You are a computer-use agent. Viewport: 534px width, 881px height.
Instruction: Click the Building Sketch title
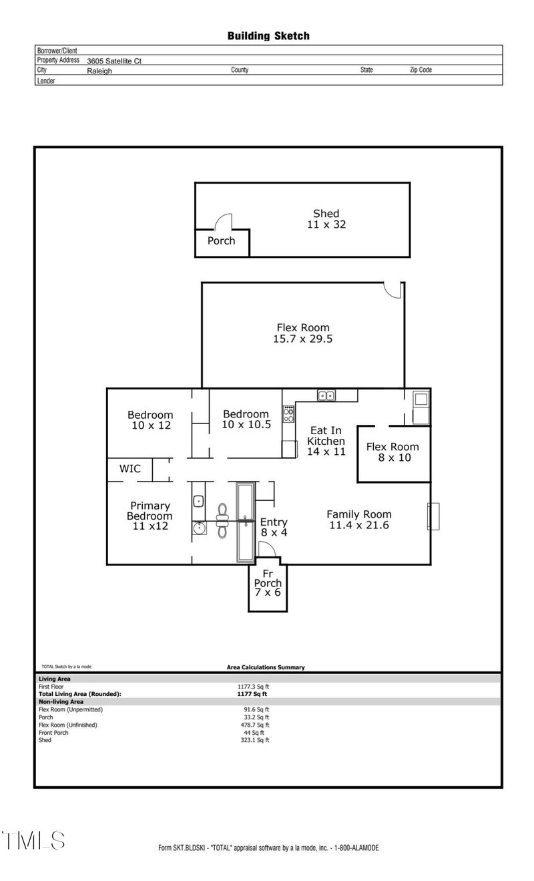click(268, 36)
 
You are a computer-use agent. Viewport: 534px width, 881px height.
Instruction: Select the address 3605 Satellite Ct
click(114, 61)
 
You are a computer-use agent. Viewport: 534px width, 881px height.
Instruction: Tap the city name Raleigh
click(99, 70)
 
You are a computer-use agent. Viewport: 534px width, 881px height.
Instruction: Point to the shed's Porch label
click(221, 240)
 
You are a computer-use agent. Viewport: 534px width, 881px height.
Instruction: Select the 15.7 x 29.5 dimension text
click(303, 339)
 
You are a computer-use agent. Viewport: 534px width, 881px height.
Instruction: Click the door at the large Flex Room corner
click(394, 289)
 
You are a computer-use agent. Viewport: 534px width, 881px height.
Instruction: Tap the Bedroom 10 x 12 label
click(150, 420)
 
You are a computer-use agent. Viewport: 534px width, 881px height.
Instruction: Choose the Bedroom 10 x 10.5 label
click(246, 419)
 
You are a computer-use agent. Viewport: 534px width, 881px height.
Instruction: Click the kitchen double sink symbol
click(327, 395)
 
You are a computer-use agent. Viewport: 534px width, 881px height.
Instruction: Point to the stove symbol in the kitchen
click(289, 414)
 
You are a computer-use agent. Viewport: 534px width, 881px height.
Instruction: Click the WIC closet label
click(130, 469)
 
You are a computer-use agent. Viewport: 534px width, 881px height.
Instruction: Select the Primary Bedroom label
click(150, 516)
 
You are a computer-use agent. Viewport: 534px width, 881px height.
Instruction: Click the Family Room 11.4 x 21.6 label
click(358, 520)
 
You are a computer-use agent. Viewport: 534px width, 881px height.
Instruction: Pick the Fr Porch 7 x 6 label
click(268, 583)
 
